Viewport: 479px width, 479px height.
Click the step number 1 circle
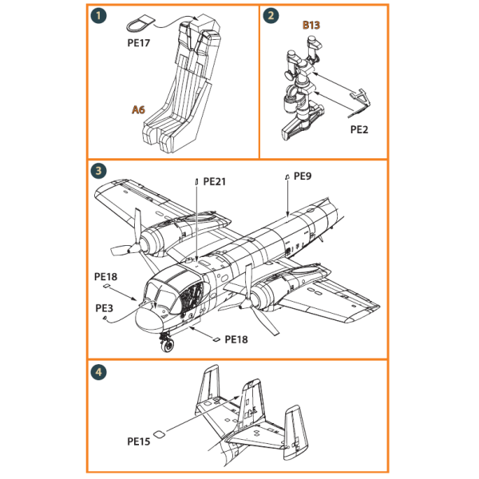tap(97, 16)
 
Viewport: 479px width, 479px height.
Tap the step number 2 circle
tap(271, 16)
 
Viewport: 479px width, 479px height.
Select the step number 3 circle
tap(97, 171)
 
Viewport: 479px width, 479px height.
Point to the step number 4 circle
tap(97, 372)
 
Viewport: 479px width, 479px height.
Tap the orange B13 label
tap(311, 26)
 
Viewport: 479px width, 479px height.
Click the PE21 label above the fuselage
tap(215, 181)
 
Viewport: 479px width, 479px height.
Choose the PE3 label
tap(105, 307)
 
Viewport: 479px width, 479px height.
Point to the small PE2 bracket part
tap(363, 97)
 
